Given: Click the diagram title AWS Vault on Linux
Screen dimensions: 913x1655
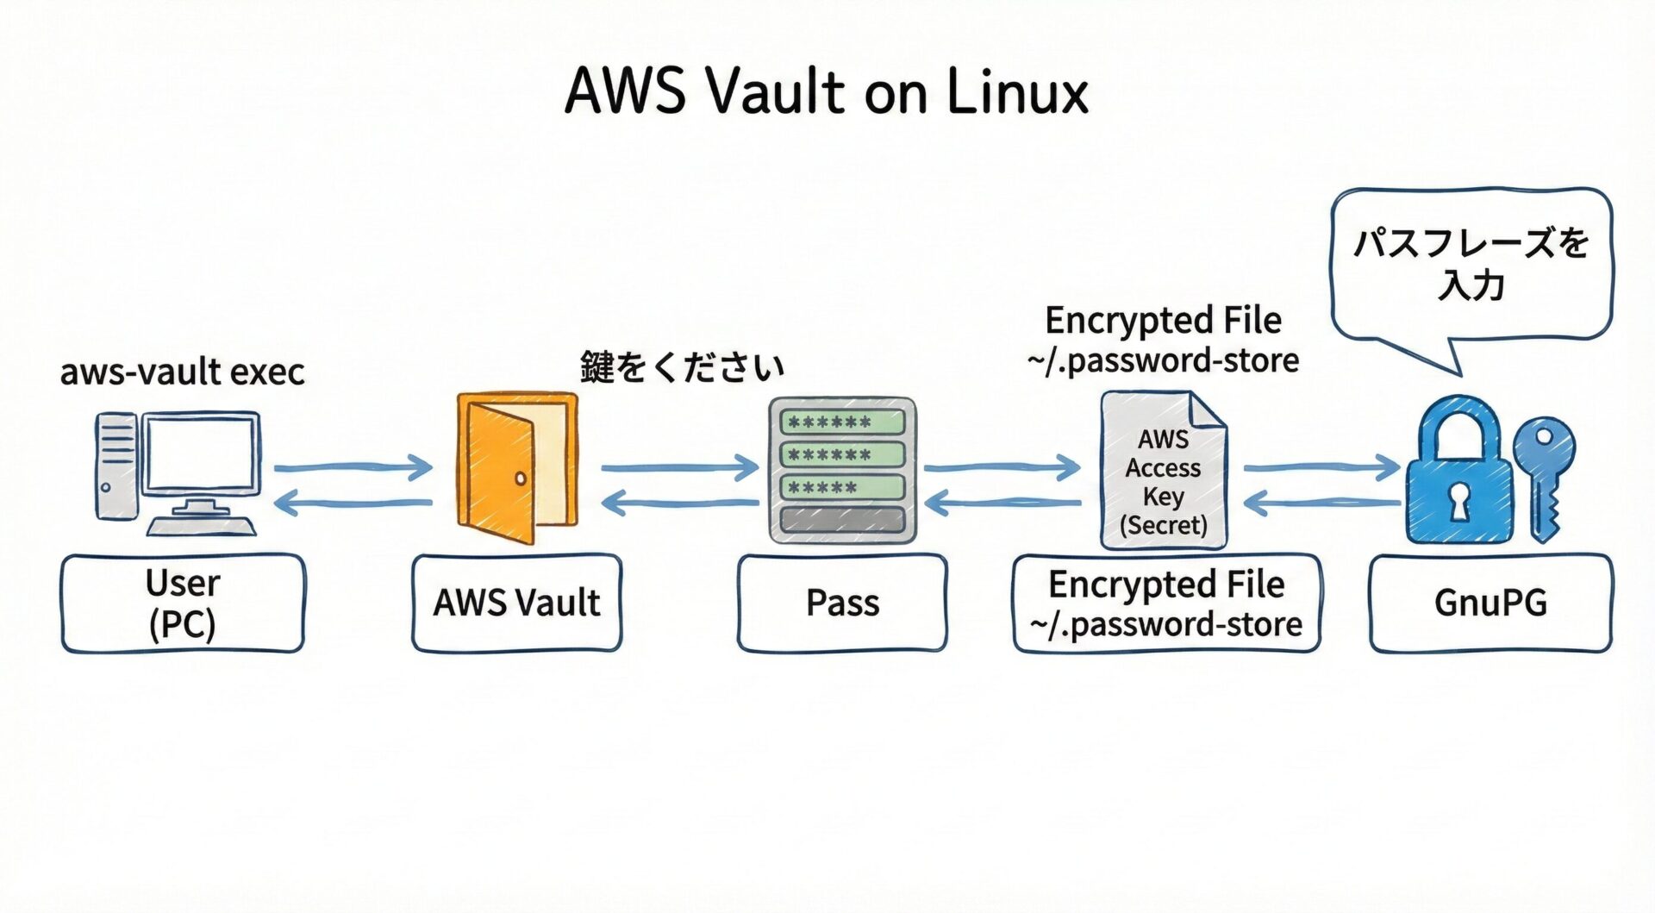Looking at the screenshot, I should pos(826,91).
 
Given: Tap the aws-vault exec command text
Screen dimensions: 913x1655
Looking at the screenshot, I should pos(183,372).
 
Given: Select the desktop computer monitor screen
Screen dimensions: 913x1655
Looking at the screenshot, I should pos(202,453).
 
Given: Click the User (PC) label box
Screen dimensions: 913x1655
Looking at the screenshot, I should pos(183,603).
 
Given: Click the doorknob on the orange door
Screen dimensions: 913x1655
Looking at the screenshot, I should pos(521,478).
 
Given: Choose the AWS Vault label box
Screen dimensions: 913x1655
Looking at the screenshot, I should pos(516,603).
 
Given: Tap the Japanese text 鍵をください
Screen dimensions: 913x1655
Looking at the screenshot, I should pos(682,367).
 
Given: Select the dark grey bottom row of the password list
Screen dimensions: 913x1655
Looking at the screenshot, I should pos(841,520).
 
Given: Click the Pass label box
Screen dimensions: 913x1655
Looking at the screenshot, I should pos(842,603).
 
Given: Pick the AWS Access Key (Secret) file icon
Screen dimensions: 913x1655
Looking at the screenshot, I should pos(1164,471).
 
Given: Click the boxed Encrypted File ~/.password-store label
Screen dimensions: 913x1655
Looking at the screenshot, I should pos(1166,603).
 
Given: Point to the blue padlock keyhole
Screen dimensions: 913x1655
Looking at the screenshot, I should pos(1458,500).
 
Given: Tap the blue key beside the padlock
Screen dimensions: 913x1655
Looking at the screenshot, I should pos(1545,474).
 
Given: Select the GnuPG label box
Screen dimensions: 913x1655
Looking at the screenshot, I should pos(1490,603).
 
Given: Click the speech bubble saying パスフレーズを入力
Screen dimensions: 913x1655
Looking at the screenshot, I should pos(1471,264).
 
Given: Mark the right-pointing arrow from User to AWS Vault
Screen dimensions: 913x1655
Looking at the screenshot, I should pos(353,468).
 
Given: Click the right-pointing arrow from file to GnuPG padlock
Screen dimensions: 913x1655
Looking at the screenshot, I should pos(1321,468).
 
